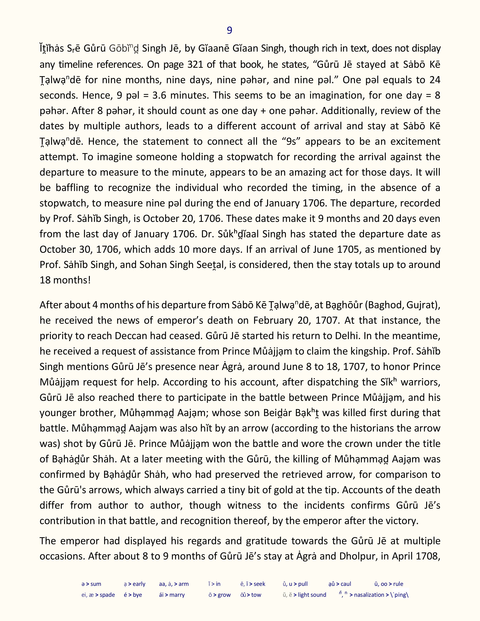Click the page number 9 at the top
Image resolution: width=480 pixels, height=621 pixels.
click(x=229, y=30)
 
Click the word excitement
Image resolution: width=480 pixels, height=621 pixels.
click(x=415, y=141)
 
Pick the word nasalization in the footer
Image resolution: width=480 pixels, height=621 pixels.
click(x=369, y=595)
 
